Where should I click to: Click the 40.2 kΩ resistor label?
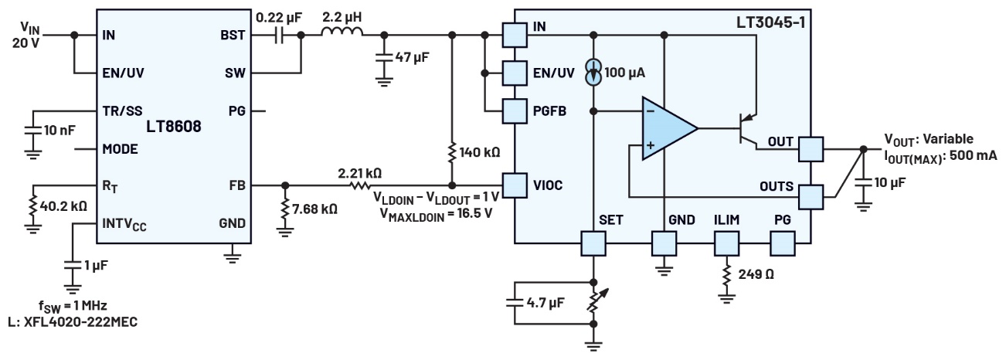(67, 207)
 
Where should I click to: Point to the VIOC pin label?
(549, 185)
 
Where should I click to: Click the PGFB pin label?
(550, 111)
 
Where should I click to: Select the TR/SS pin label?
(122, 110)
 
